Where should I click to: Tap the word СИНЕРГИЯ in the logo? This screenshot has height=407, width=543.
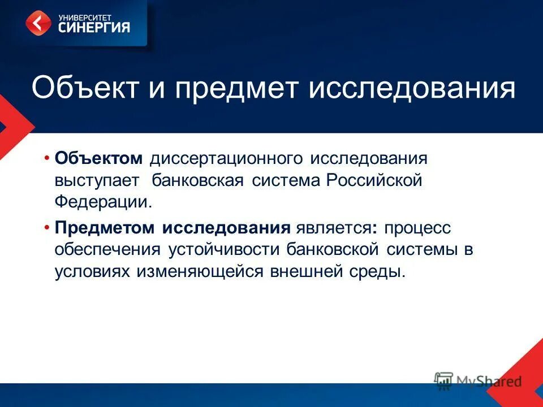[94, 27]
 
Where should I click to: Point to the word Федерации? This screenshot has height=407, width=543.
[104, 202]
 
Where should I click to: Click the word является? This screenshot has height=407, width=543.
[329, 228]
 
